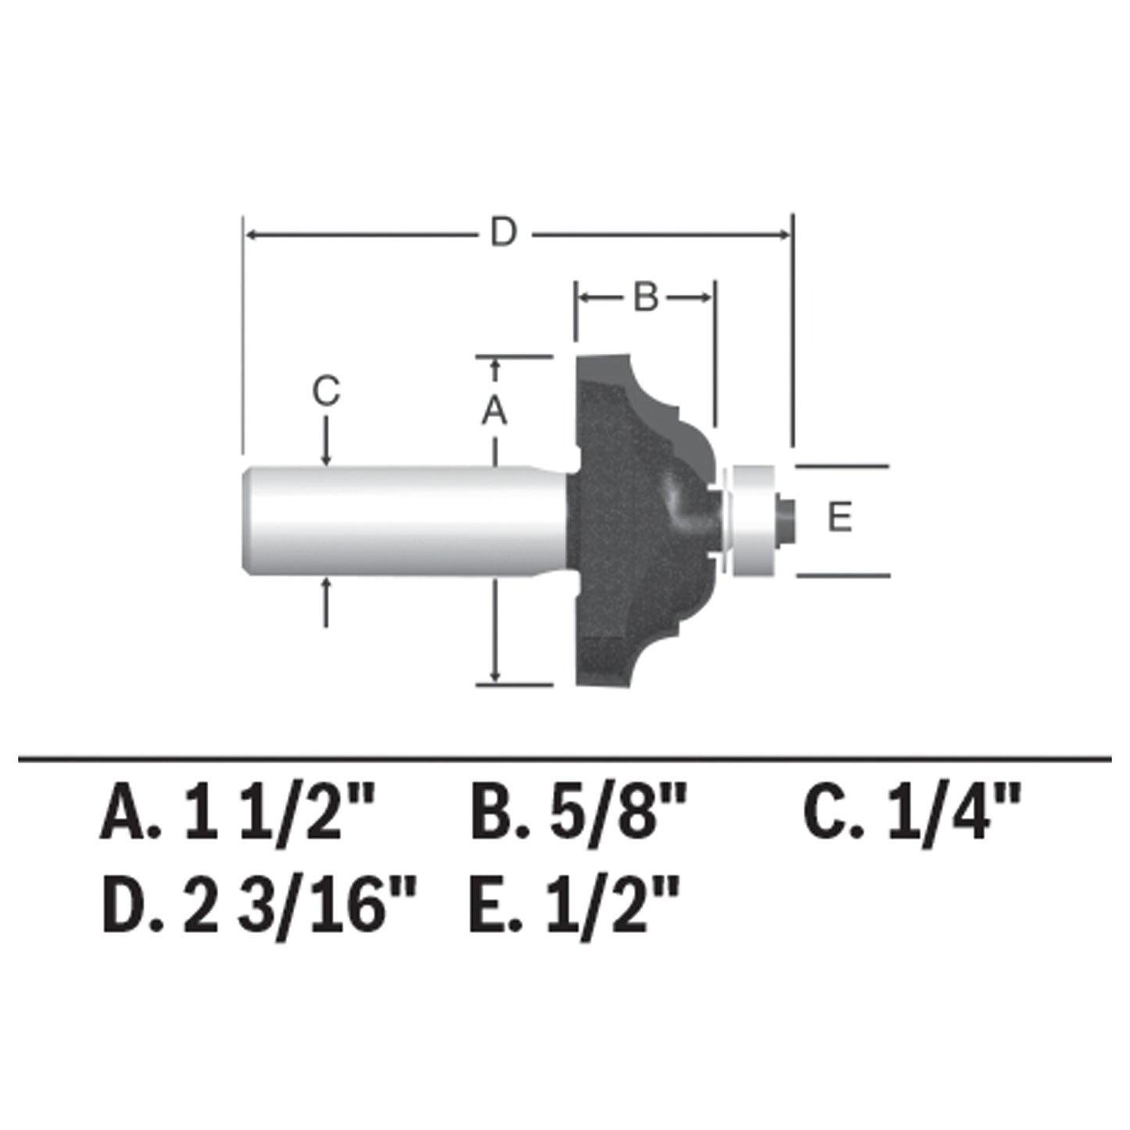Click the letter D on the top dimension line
click(x=503, y=233)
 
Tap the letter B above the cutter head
click(x=646, y=297)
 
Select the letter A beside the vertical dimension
click(x=494, y=411)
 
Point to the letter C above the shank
click(x=326, y=391)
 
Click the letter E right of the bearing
click(x=840, y=518)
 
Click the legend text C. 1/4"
click(x=913, y=813)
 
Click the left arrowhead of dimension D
click(x=250, y=234)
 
